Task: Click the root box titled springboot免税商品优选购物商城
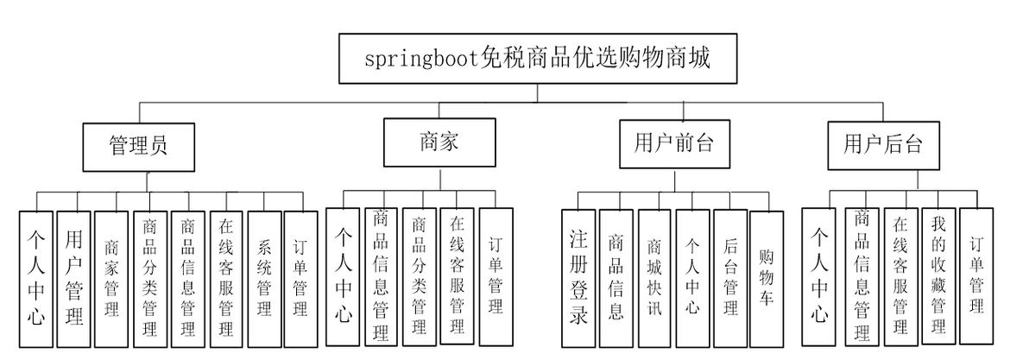point(537,59)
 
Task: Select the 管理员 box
point(138,145)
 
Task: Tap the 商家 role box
point(439,142)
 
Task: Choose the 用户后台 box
point(882,144)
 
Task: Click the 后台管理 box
point(730,277)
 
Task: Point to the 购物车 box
point(767,277)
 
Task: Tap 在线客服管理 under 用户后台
point(900,275)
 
